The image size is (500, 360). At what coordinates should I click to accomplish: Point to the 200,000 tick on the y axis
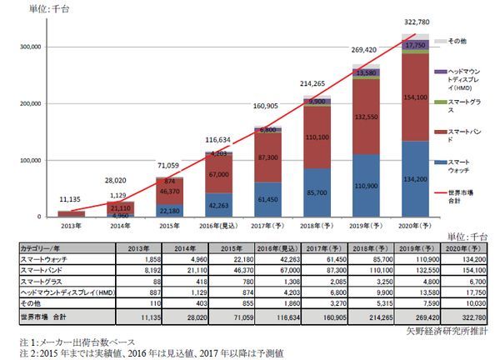click(28, 103)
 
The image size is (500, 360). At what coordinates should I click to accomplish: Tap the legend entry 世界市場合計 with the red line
click(461, 197)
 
